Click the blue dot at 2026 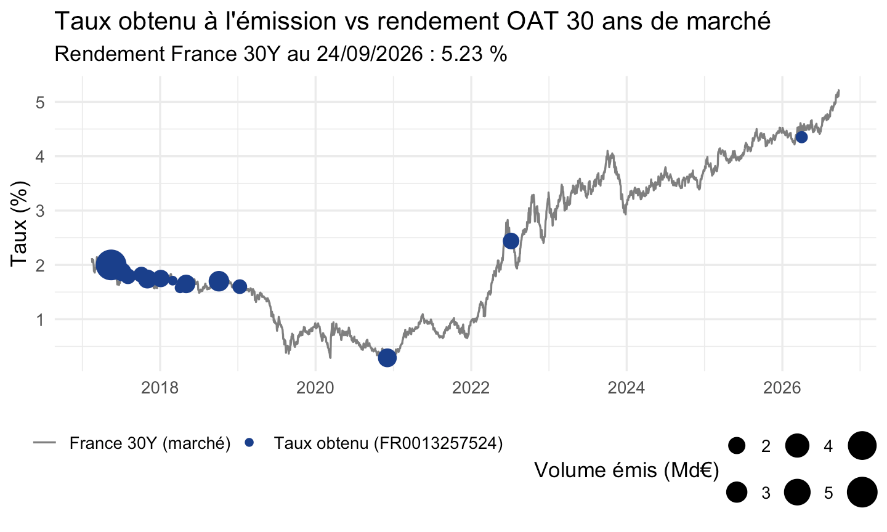point(801,137)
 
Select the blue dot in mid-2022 point(511,241)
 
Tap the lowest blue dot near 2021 point(387,358)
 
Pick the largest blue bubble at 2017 point(111,264)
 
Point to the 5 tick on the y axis point(41,102)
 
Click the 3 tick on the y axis point(41,211)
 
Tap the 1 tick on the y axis point(41,320)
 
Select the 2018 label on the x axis point(160,388)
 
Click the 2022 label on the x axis point(471,388)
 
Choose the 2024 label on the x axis point(626,388)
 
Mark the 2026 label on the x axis point(782,388)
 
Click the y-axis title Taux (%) point(19,224)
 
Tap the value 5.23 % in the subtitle point(474,54)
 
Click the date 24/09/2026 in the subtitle point(370,54)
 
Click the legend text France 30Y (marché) point(150,443)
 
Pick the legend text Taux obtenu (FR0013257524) point(388,443)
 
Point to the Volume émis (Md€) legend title point(626,470)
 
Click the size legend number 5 point(828,493)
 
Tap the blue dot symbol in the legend point(249,443)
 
